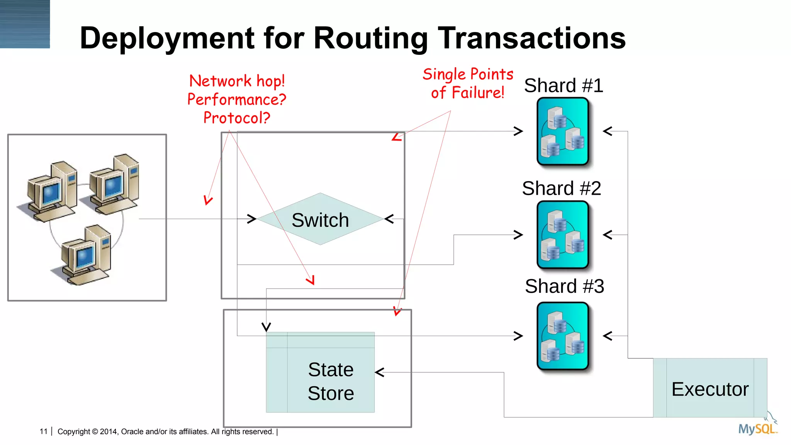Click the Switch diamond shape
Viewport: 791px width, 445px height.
click(x=320, y=219)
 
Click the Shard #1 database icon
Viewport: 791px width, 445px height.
click(x=563, y=131)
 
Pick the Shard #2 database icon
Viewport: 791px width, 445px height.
click(x=563, y=234)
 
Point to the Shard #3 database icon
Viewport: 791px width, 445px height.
click(x=563, y=336)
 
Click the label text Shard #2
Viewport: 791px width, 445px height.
click(x=561, y=189)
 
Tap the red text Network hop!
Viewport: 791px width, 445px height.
click(x=237, y=81)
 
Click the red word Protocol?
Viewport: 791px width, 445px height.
click(x=237, y=118)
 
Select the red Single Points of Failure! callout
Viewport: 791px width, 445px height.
click(x=468, y=83)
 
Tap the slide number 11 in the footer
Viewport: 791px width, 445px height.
click(x=43, y=431)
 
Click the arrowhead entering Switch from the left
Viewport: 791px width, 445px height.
click(x=251, y=219)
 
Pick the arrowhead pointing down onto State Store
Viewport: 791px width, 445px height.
click(x=266, y=327)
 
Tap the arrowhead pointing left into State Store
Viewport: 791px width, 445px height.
click(x=380, y=372)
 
